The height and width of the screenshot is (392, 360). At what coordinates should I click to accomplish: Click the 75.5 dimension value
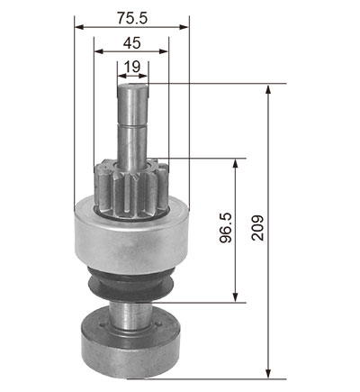tap(132, 18)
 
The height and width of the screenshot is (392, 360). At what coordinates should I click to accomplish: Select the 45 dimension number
tap(131, 43)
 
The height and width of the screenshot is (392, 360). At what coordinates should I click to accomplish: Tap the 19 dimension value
tap(132, 67)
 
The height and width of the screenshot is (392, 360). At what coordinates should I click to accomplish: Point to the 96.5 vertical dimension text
tap(226, 228)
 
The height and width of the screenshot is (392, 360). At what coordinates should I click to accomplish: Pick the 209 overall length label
tap(257, 228)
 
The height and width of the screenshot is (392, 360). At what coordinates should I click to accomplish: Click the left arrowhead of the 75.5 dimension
tap(79, 27)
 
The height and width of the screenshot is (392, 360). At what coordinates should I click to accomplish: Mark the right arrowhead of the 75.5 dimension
tap(184, 27)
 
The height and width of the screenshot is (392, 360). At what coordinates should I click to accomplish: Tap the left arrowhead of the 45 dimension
tap(99, 51)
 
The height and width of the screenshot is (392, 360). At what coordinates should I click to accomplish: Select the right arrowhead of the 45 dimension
tap(164, 51)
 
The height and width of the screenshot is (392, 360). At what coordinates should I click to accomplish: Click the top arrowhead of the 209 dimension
tap(268, 89)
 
